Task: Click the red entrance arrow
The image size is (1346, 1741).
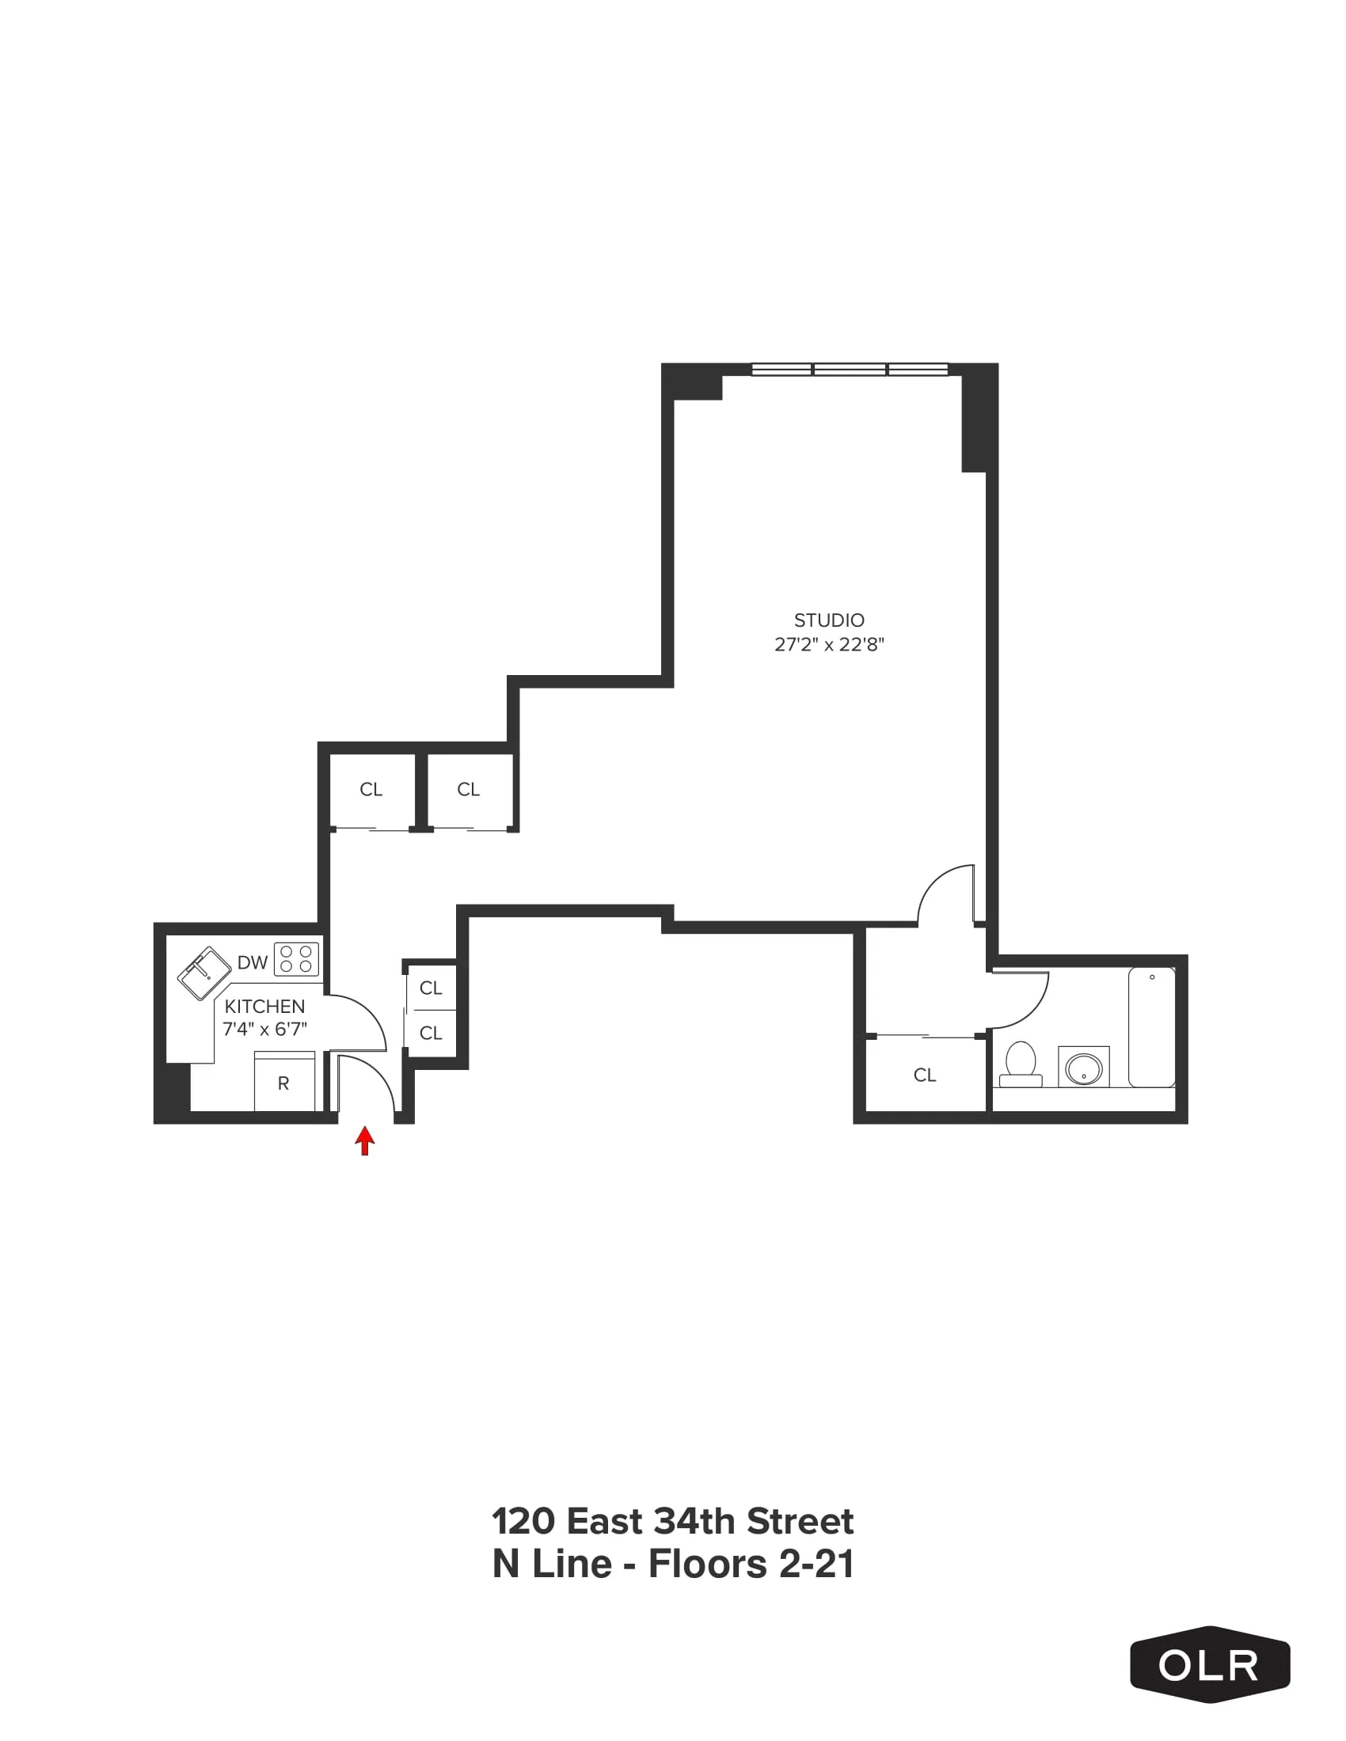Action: click(364, 1140)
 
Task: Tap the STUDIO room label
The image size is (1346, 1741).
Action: click(828, 620)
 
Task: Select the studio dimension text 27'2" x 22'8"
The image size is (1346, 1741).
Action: click(828, 645)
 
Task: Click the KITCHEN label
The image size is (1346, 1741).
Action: click(264, 1007)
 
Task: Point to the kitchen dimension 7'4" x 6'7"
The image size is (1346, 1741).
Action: click(264, 1029)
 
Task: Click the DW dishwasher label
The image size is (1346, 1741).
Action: click(252, 962)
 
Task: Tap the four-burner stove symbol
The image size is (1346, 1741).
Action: click(296, 959)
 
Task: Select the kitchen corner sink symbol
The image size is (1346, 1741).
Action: click(203, 973)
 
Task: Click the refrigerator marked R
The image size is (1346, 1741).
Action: click(284, 1083)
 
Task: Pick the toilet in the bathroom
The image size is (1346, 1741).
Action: click(1021, 1065)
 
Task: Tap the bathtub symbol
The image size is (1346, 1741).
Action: click(1151, 1026)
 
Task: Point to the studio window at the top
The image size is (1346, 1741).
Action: click(850, 369)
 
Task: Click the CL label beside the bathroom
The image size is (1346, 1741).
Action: click(925, 1075)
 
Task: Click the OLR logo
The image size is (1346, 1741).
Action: click(1209, 1664)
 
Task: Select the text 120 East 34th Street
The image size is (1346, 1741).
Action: click(673, 1522)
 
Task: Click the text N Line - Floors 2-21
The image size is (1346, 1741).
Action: click(673, 1564)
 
